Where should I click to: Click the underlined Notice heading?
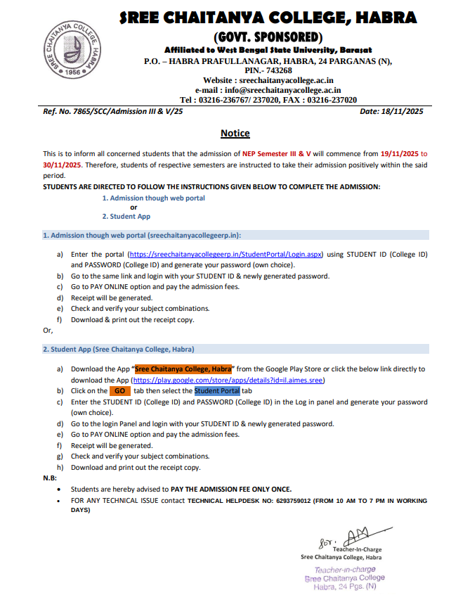pos(235,133)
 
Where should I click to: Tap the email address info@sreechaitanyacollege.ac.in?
pos(282,90)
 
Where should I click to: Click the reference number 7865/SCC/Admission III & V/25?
pos(124,112)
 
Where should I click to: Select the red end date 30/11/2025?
pos(63,164)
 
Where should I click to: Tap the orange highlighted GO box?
pos(119,391)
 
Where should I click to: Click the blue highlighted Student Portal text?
pos(217,391)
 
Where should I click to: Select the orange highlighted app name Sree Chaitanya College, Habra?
pos(183,369)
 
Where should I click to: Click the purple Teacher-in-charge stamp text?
pos(345,569)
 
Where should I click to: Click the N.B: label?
pos(50,478)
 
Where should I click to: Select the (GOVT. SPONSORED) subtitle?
pos(267,36)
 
